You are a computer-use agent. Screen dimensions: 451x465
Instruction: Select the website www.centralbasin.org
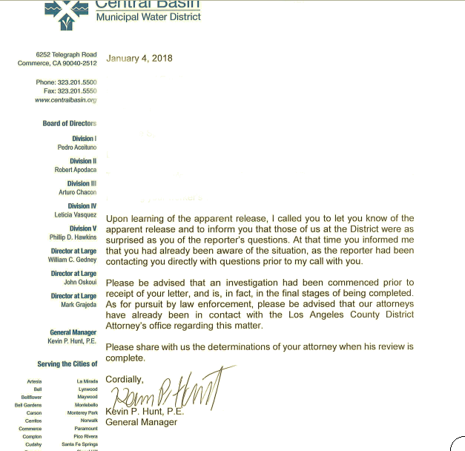click(66, 99)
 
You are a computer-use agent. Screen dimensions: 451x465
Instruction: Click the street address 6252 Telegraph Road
click(66, 54)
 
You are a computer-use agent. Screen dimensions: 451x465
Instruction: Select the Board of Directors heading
click(69, 123)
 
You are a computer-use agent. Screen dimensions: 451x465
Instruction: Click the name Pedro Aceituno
click(76, 147)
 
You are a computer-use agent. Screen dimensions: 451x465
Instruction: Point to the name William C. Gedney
click(72, 260)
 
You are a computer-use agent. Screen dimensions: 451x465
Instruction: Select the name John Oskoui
click(80, 283)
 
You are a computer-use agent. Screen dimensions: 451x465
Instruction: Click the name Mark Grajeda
click(79, 305)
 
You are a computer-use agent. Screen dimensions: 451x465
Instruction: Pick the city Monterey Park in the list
click(82, 413)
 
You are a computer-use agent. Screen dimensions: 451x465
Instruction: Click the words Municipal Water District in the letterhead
click(148, 16)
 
